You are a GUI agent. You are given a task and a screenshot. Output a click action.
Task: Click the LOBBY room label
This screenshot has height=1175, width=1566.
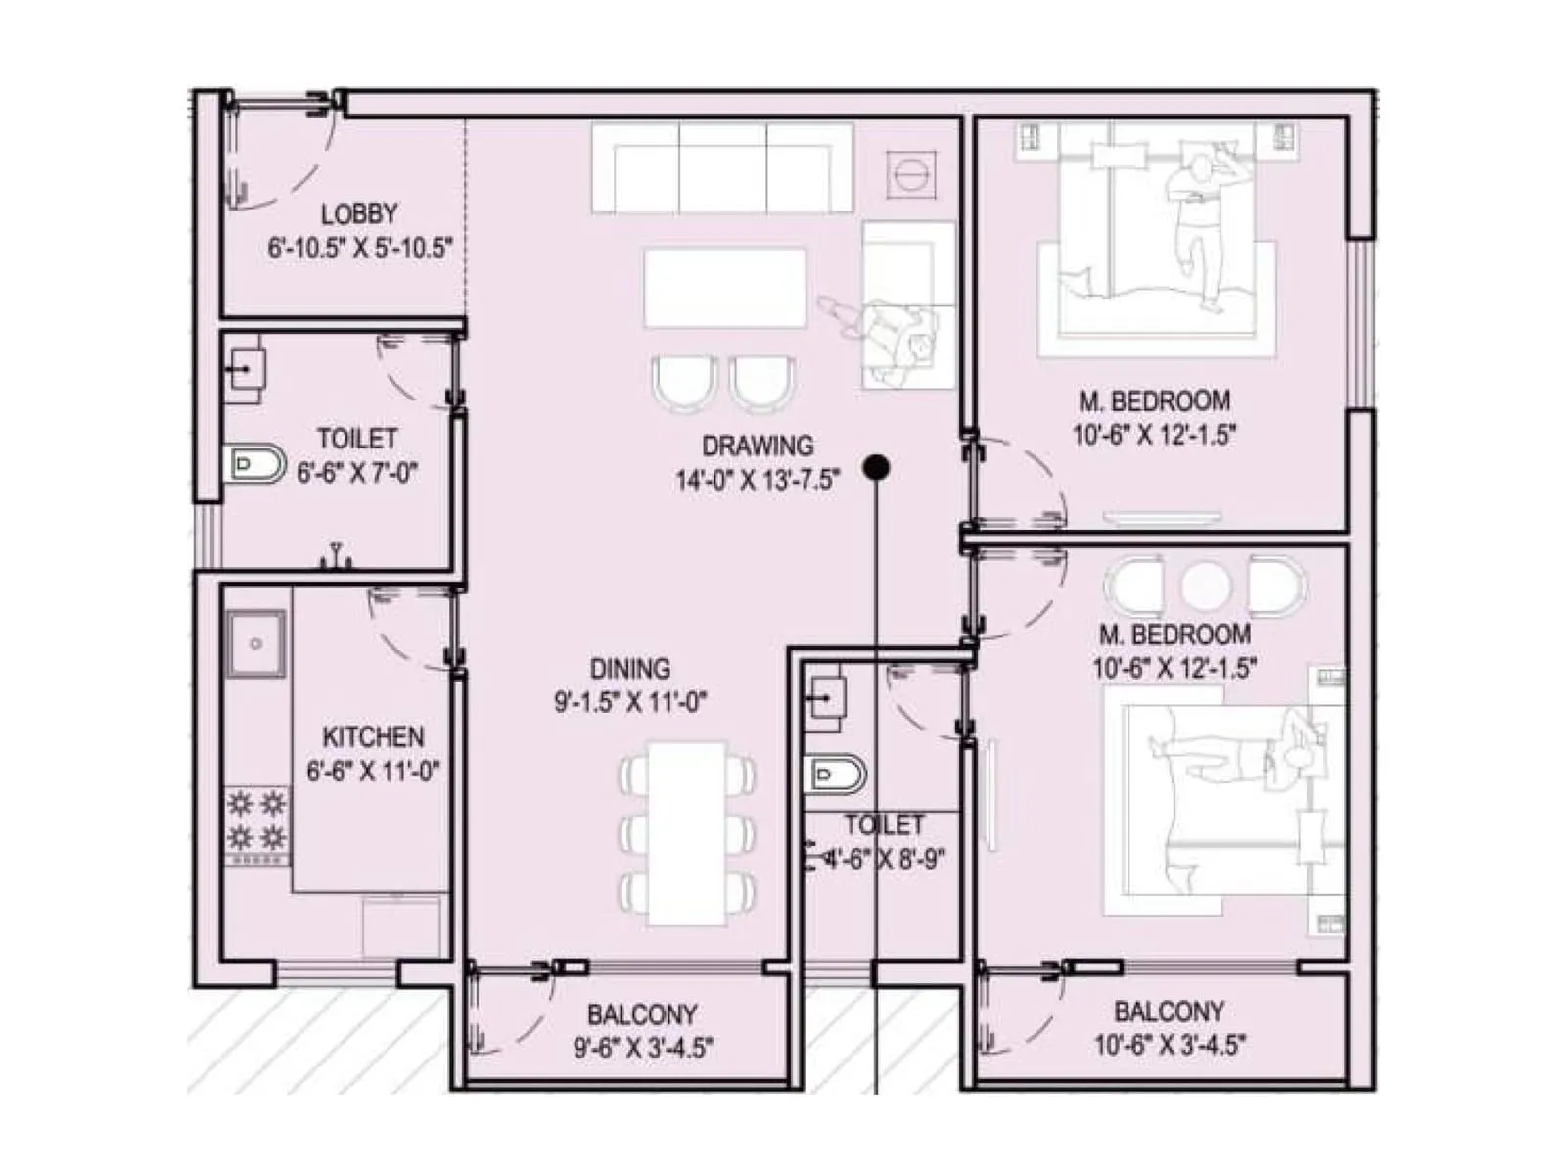(359, 213)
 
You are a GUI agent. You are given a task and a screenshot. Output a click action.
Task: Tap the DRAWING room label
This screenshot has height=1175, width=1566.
(758, 446)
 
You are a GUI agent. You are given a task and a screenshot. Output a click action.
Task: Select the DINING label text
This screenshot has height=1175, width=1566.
(629, 669)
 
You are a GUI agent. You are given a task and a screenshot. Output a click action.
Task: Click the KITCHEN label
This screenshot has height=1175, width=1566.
(373, 737)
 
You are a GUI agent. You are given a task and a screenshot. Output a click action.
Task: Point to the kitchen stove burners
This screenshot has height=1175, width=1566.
(256, 822)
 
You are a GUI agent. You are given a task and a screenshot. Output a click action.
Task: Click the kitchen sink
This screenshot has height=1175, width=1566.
(255, 643)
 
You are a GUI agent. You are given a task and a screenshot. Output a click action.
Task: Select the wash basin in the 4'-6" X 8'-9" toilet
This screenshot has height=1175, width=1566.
(824, 698)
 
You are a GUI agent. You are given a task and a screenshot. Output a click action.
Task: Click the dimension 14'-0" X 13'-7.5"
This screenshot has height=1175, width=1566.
(758, 480)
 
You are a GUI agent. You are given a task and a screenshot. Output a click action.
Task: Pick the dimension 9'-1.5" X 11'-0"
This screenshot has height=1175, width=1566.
(629, 702)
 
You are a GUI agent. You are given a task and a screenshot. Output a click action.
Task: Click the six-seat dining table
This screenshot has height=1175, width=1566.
(687, 833)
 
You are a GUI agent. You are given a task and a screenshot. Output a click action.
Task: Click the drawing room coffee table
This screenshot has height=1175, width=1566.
(724, 287)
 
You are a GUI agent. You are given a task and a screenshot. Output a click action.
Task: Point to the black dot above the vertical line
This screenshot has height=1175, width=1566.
(877, 468)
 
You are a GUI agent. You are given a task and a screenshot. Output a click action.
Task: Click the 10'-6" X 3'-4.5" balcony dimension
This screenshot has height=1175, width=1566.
(1169, 1045)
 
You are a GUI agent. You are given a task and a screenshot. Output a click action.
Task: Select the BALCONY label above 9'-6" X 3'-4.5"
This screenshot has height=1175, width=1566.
(642, 1014)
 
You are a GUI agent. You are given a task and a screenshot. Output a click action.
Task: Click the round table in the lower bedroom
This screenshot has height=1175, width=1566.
(1204, 587)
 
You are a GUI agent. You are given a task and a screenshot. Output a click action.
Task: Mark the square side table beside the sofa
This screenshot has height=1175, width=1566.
(911, 174)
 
